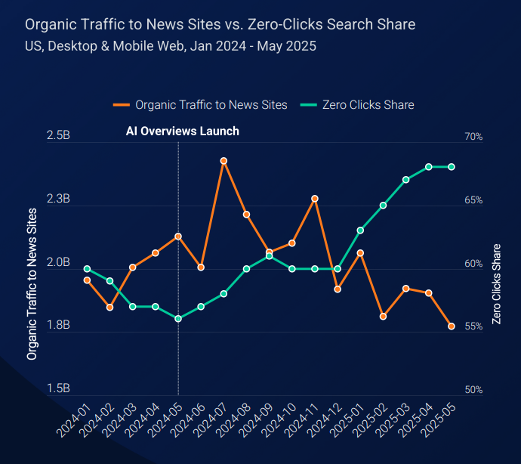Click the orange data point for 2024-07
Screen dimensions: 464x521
click(224, 161)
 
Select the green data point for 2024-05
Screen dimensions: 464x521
click(178, 319)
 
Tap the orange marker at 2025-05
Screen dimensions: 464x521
click(452, 326)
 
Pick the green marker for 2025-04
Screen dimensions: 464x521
click(429, 166)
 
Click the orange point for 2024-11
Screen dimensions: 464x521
click(315, 199)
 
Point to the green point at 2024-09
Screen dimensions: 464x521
click(270, 256)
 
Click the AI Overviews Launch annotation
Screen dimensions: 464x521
click(182, 131)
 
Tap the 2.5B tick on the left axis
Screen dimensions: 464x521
click(58, 137)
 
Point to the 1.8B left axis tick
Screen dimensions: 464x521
click(58, 326)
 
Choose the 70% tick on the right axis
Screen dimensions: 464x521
click(473, 137)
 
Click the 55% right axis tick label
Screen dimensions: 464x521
click(473, 326)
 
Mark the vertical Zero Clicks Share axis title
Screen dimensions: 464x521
click(496, 284)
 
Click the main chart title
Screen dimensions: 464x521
click(220, 24)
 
